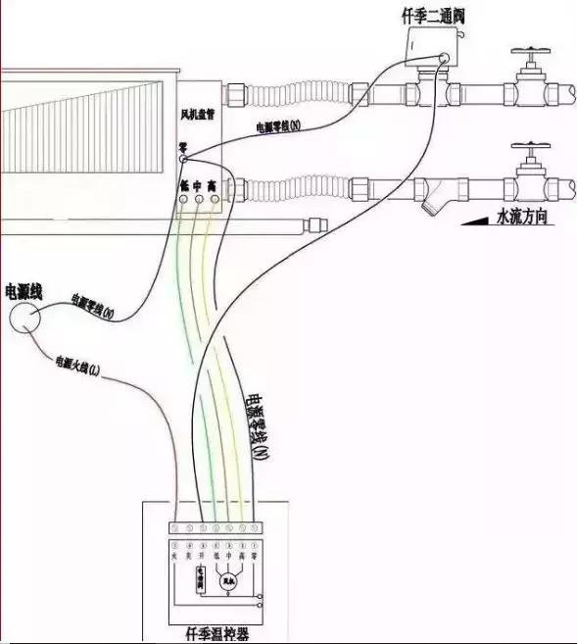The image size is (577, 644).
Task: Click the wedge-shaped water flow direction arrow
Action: (474, 220)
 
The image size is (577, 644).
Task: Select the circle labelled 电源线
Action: (24, 317)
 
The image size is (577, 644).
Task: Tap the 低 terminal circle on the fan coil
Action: (184, 200)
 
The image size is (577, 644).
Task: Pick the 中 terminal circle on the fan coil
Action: (200, 200)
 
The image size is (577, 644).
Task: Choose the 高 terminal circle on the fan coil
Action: (216, 200)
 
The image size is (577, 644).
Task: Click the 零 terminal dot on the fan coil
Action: (183, 159)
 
